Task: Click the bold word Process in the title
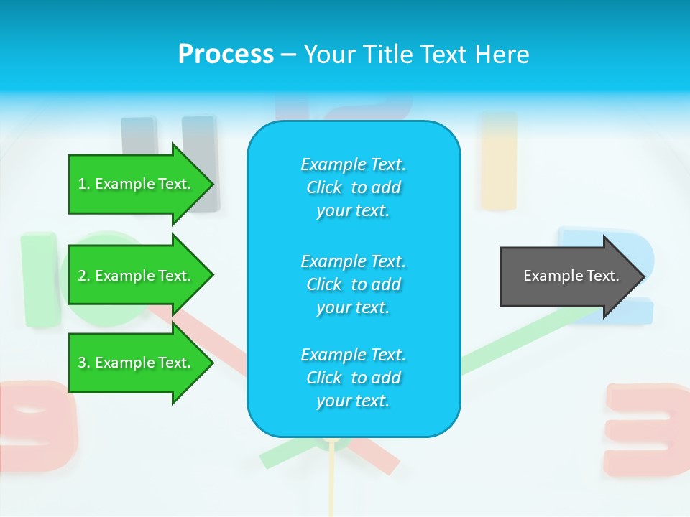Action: [x=226, y=55]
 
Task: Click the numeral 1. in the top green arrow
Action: [x=84, y=185]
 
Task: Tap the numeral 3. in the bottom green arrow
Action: [x=84, y=363]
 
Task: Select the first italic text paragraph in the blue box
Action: [x=353, y=187]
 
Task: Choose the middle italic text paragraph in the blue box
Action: [x=353, y=284]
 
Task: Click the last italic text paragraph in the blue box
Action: [x=353, y=378]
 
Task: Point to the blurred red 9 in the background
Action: [x=36, y=424]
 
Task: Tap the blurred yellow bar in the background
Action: [x=498, y=162]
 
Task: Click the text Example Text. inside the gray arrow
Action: [x=571, y=276]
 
